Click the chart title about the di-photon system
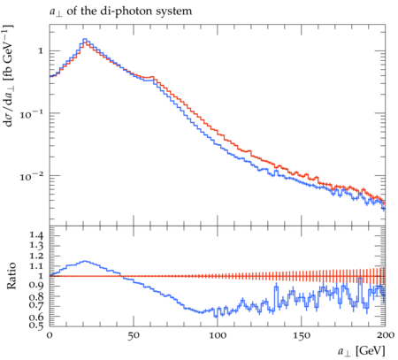point(120,11)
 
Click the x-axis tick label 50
point(134,336)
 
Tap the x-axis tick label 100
point(218,335)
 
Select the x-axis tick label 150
point(302,336)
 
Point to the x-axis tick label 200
point(386,335)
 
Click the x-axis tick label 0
point(50,335)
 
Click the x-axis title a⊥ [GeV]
point(362,351)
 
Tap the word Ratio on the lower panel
point(11,276)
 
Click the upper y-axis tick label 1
point(41,51)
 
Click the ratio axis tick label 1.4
point(36,235)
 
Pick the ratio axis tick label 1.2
point(36,256)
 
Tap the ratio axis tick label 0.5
point(36,326)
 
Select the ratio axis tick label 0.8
point(36,295)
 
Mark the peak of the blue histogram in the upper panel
point(85,39)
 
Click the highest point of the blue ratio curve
point(85,261)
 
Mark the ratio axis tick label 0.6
point(36,317)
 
